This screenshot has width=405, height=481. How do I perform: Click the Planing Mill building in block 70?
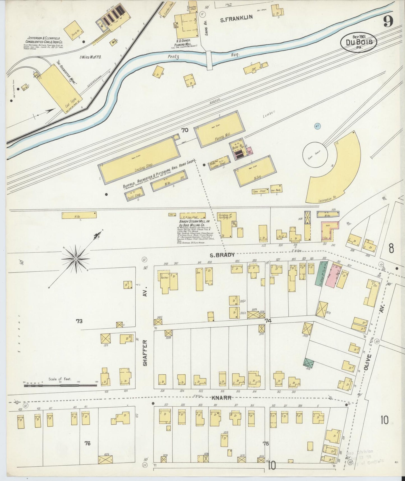point(220,129)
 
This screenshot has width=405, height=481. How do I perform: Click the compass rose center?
point(76,258)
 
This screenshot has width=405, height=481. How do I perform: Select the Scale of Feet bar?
point(60,386)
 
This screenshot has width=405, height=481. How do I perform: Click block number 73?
point(79,321)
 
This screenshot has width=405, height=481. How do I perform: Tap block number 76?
point(87,443)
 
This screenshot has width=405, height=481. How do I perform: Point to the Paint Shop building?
point(135,193)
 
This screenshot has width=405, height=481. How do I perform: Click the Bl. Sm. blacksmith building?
point(255,171)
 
